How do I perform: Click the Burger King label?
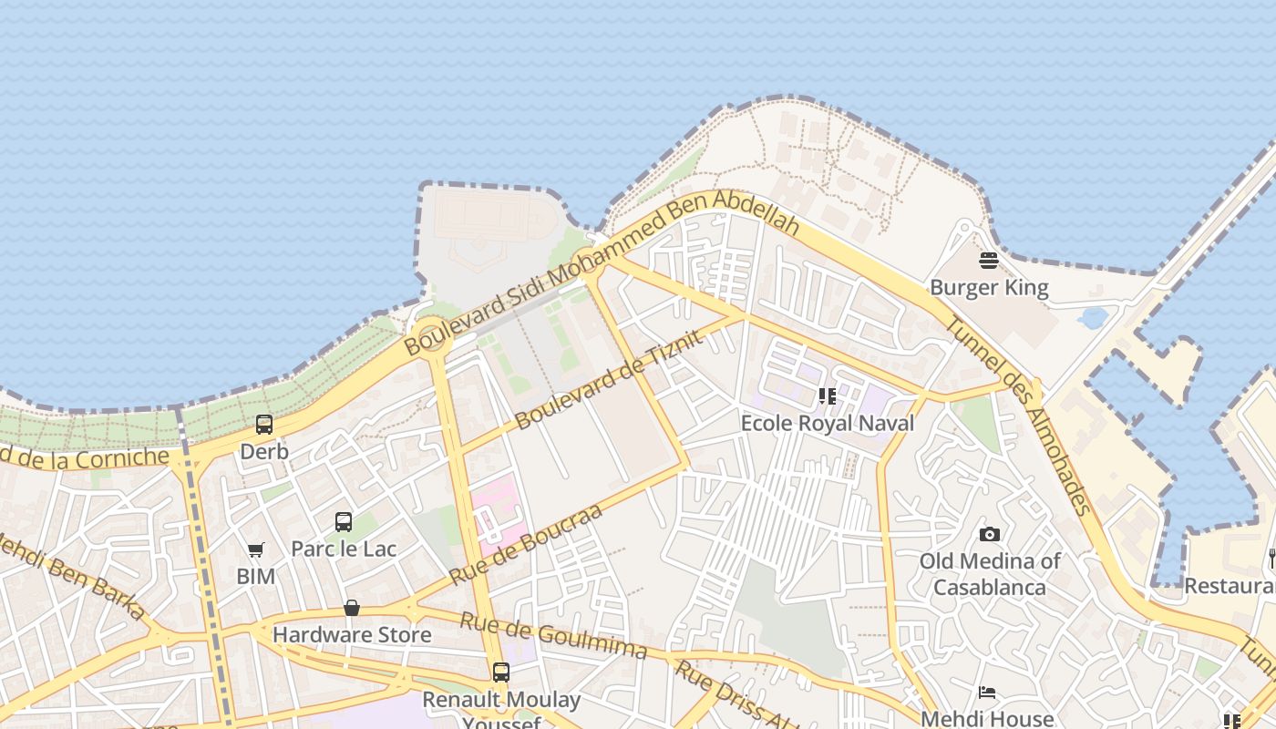click(x=989, y=288)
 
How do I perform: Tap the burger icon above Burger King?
click(x=989, y=261)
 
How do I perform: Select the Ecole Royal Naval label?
click(x=827, y=423)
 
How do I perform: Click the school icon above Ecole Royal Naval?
click(x=827, y=396)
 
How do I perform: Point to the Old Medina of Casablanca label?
click(x=989, y=573)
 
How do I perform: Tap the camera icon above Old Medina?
click(x=989, y=534)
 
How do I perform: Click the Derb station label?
click(x=264, y=451)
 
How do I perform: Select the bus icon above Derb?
click(x=264, y=424)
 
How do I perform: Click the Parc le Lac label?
click(x=344, y=549)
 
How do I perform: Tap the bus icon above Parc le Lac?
click(x=344, y=521)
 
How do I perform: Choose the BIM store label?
click(x=255, y=576)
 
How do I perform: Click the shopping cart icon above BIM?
click(x=255, y=549)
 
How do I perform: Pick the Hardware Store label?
click(x=352, y=634)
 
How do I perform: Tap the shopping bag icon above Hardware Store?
click(x=352, y=608)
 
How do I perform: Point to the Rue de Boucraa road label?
click(x=526, y=544)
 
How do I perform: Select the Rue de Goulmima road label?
click(x=552, y=635)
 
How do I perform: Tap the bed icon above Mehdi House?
click(x=987, y=693)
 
